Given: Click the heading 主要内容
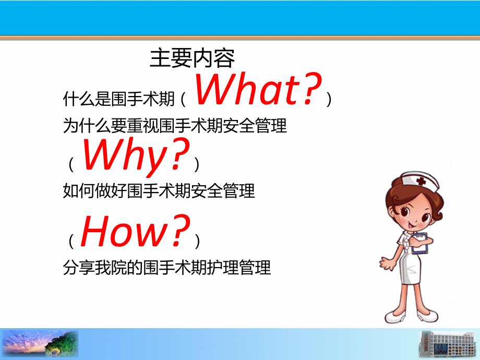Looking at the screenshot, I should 192,58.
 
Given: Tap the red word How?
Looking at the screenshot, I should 135,232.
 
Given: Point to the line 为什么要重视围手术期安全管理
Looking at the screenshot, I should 175,126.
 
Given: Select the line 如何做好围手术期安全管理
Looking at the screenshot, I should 159,191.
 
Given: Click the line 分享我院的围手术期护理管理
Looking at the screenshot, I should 167,268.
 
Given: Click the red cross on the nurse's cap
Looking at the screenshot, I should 421,181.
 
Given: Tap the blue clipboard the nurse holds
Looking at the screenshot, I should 419,242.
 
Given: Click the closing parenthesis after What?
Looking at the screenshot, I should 328,99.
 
